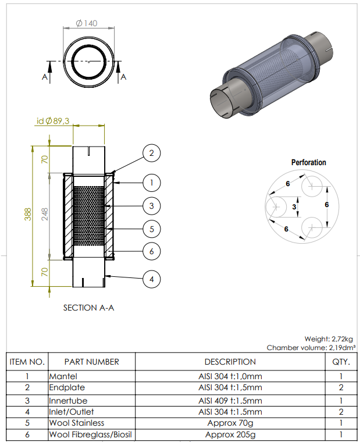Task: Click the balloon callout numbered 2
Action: (x=151, y=154)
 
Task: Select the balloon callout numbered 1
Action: (x=151, y=183)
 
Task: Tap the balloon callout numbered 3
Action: (x=151, y=206)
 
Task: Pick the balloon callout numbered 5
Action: (x=151, y=229)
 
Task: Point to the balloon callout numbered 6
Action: (x=151, y=252)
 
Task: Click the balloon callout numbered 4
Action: (x=151, y=280)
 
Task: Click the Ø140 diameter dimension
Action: (x=87, y=24)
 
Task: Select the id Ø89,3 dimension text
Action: (x=53, y=121)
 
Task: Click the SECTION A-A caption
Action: (x=88, y=308)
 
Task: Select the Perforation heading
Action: (x=308, y=162)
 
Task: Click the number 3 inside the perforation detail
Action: (x=294, y=206)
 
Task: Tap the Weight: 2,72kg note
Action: (x=329, y=338)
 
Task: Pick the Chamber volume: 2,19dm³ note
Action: (x=311, y=348)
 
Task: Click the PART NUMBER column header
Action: (x=92, y=362)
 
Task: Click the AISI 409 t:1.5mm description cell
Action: (x=230, y=401)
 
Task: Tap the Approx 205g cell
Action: (x=230, y=434)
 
